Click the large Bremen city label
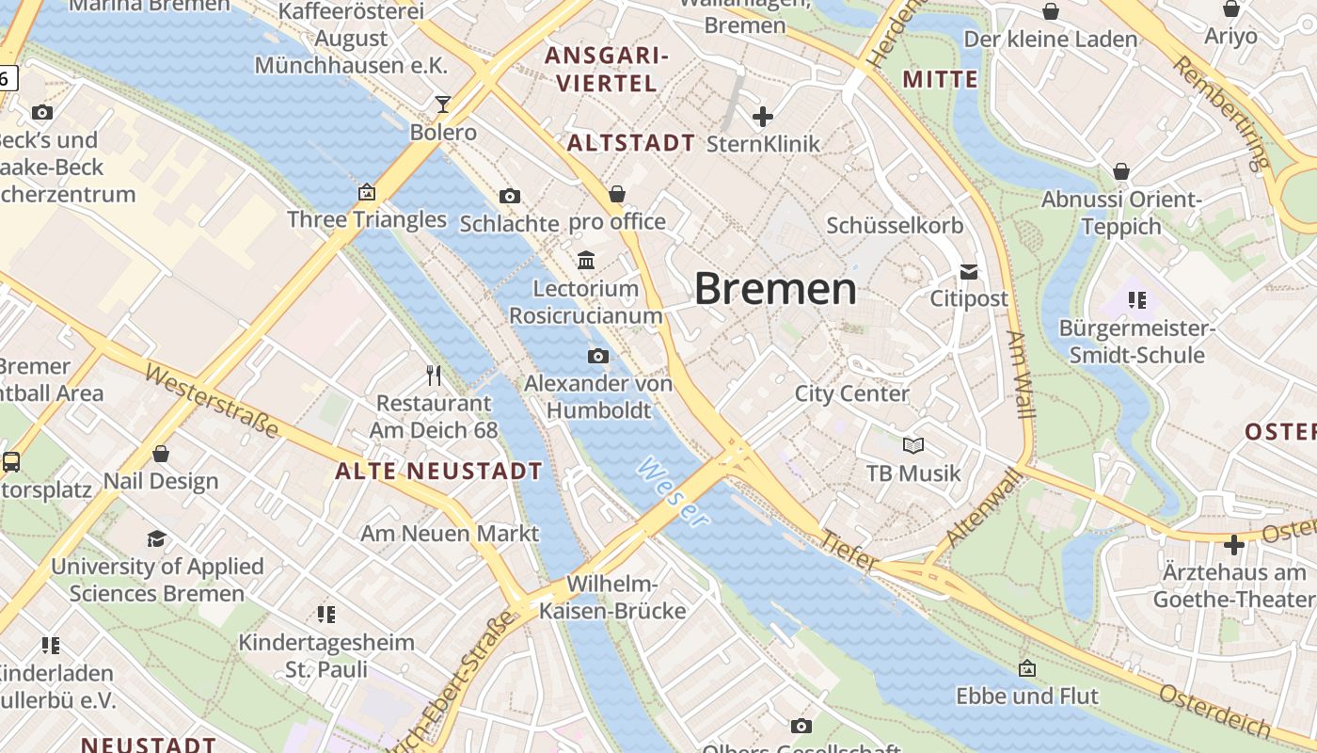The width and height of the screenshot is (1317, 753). pos(775,289)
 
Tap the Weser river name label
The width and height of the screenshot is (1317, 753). pos(672,492)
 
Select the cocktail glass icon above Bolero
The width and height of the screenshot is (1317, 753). pos(443,104)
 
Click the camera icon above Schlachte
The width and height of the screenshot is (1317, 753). pos(510,196)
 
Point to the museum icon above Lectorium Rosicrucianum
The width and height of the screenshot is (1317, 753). pos(586,260)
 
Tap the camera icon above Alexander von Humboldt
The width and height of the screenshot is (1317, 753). pos(597,356)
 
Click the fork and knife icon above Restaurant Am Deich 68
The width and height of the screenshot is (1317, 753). pos(434,376)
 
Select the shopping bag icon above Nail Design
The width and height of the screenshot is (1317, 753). pos(161,454)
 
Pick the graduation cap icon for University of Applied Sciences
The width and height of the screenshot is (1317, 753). pos(156,538)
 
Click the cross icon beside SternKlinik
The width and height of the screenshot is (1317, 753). pos(763,117)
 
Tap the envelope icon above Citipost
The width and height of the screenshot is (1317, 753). pos(969,272)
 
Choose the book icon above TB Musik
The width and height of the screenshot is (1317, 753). pos(912,445)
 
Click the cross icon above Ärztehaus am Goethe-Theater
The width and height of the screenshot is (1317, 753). pos(1234,545)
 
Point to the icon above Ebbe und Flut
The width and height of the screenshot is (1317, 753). pos(1027,668)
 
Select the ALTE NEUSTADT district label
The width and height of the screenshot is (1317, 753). pos(439,472)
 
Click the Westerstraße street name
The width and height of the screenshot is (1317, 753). pos(213,400)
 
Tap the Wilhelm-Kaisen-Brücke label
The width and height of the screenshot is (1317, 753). pos(612,598)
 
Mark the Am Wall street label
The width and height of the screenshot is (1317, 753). pos(1018,374)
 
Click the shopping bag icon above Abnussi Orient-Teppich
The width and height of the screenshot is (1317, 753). pos(1121,171)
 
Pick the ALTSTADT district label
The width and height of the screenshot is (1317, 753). pos(631,143)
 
